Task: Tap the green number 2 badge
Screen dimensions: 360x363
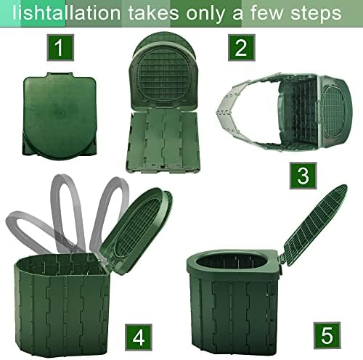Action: click(240, 48)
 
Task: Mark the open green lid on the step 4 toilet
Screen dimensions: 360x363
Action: click(136, 224)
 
